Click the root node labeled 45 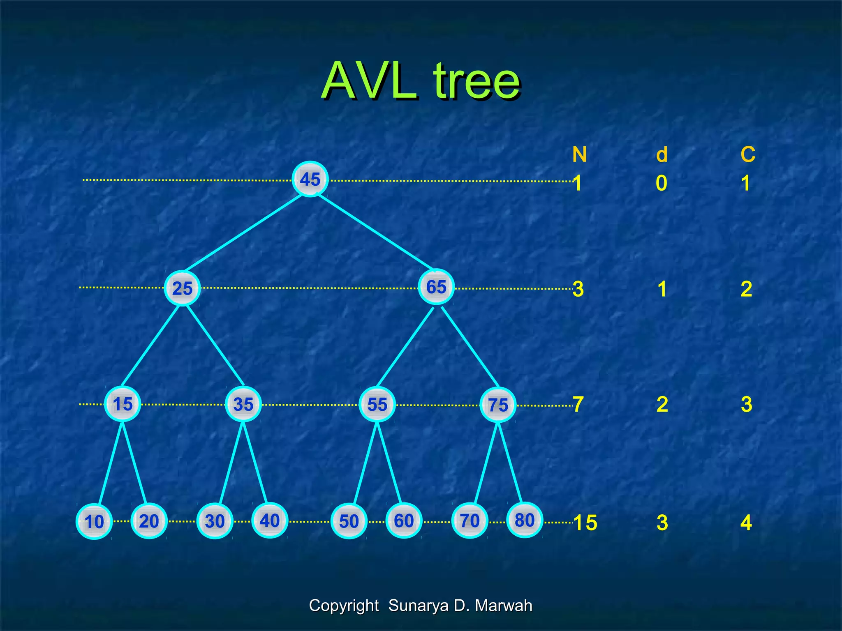coord(310,179)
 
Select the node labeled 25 coord(182,288)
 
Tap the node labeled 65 coord(436,287)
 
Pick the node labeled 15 coord(123,404)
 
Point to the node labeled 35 coord(243,404)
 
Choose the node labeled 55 coord(377,405)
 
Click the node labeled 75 coord(498,405)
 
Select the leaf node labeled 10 coord(94,522)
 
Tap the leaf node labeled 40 coord(269,521)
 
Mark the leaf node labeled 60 coord(404,521)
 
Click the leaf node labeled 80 coord(525,520)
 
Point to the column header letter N coord(579,155)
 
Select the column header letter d coord(662,155)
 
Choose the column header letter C coord(748,155)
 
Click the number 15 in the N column coord(585,523)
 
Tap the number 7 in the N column coord(578,405)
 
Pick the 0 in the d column coord(662,183)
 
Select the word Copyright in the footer coord(344,606)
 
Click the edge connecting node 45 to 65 coord(374,232)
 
